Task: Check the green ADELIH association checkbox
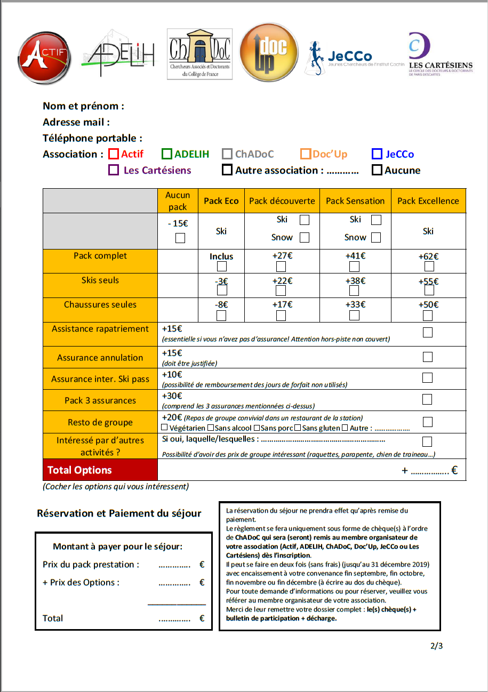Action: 167,154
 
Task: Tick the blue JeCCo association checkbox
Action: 377,154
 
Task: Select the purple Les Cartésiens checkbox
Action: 114,170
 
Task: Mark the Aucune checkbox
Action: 377,170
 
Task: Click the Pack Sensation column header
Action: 355,201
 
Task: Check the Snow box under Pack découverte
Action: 305,237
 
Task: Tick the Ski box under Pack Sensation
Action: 376,220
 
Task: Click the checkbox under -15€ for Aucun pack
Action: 180,238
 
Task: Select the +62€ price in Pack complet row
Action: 428,256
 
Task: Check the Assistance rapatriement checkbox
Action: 427,333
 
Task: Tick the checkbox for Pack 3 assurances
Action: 427,399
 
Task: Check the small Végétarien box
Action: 165,428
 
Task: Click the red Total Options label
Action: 79,470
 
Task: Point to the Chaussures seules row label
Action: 100,305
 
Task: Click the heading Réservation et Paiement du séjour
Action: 119,513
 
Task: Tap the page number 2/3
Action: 436,646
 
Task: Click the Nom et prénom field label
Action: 83,106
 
